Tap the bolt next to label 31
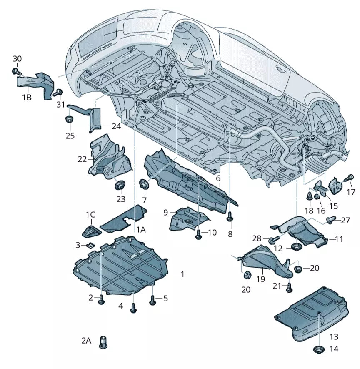[x=59, y=92]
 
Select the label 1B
[x=26, y=98]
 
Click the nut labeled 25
[x=69, y=120]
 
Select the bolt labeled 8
[x=230, y=216]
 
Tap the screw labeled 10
[x=199, y=234]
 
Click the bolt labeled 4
[x=133, y=308]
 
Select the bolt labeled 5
[x=152, y=299]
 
